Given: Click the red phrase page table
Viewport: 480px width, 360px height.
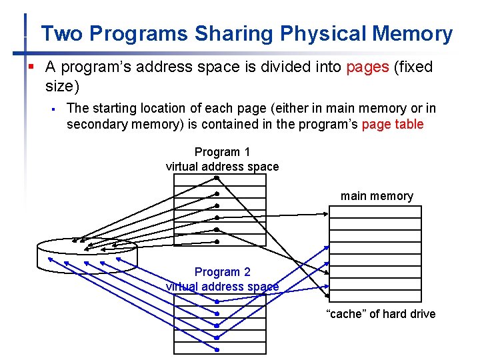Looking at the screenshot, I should click(x=393, y=124).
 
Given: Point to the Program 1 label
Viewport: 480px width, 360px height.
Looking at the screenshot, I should click(x=222, y=152).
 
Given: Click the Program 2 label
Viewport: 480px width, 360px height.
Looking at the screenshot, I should click(x=222, y=272).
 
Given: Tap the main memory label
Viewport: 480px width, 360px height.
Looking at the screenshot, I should click(x=377, y=196).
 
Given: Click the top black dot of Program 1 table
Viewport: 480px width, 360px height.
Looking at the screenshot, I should click(x=217, y=177).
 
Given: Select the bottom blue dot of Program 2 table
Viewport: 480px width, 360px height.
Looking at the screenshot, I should click(x=217, y=349).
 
